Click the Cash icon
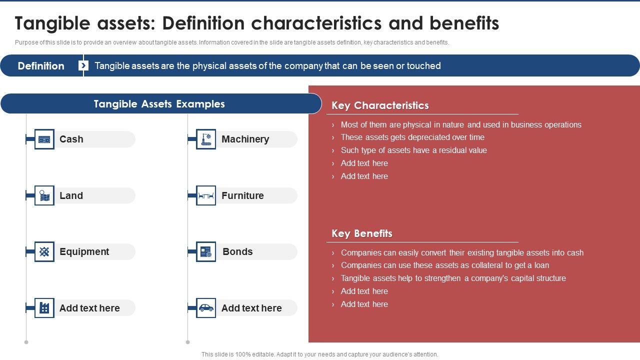[x=44, y=139]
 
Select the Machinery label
[x=245, y=139]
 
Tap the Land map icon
[x=44, y=196]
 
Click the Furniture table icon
[x=206, y=196]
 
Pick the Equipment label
[x=84, y=252]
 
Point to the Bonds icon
[x=206, y=252]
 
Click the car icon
[x=206, y=308]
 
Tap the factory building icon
[x=44, y=308]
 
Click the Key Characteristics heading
[x=380, y=105]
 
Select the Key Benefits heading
[x=361, y=233]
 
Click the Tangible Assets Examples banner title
[x=159, y=104]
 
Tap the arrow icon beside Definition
[x=83, y=65]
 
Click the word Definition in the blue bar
[x=41, y=66]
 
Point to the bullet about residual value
[x=413, y=150]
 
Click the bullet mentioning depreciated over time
[x=412, y=137]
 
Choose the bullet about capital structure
[x=453, y=278]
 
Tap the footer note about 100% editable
[x=319, y=354]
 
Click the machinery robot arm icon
[x=206, y=139]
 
